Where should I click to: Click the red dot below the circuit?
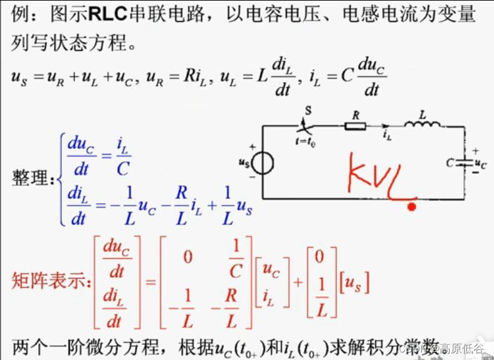coord(411,206)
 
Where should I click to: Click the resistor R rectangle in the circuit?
coord(355,125)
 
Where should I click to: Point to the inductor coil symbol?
coord(422,125)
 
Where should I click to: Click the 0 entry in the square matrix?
coord(187,257)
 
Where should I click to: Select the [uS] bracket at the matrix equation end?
coord(354,283)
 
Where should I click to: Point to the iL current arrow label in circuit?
coord(387,133)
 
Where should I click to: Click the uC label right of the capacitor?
coord(480,164)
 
